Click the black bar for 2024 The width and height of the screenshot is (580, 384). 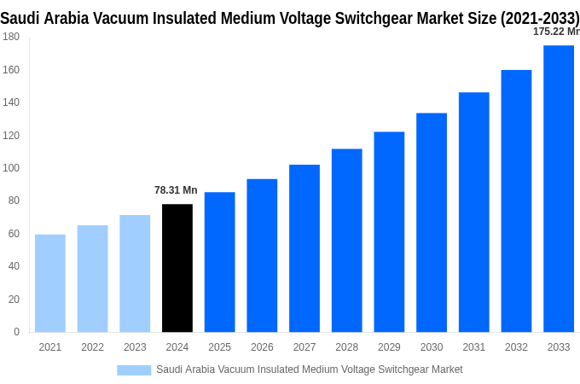click(177, 268)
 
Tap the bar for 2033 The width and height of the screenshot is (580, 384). click(559, 189)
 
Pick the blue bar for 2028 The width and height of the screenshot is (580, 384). click(346, 241)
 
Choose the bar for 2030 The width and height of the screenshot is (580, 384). click(432, 223)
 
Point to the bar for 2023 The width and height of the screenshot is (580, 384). click(135, 273)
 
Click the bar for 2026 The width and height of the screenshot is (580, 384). click(262, 255)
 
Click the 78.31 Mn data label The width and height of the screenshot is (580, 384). click(176, 190)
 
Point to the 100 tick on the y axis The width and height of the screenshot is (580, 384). click(11, 168)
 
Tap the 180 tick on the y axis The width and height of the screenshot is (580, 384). click(11, 37)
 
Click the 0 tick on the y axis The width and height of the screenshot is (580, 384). click(16, 332)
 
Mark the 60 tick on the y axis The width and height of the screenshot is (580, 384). click(14, 234)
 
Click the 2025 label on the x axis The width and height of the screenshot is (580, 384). click(219, 347)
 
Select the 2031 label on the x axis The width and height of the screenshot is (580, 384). click(474, 347)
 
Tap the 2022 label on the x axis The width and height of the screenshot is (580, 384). click(92, 347)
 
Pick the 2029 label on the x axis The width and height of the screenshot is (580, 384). click(389, 347)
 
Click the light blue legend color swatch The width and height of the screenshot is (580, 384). click(134, 369)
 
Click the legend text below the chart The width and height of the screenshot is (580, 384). click(309, 369)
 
